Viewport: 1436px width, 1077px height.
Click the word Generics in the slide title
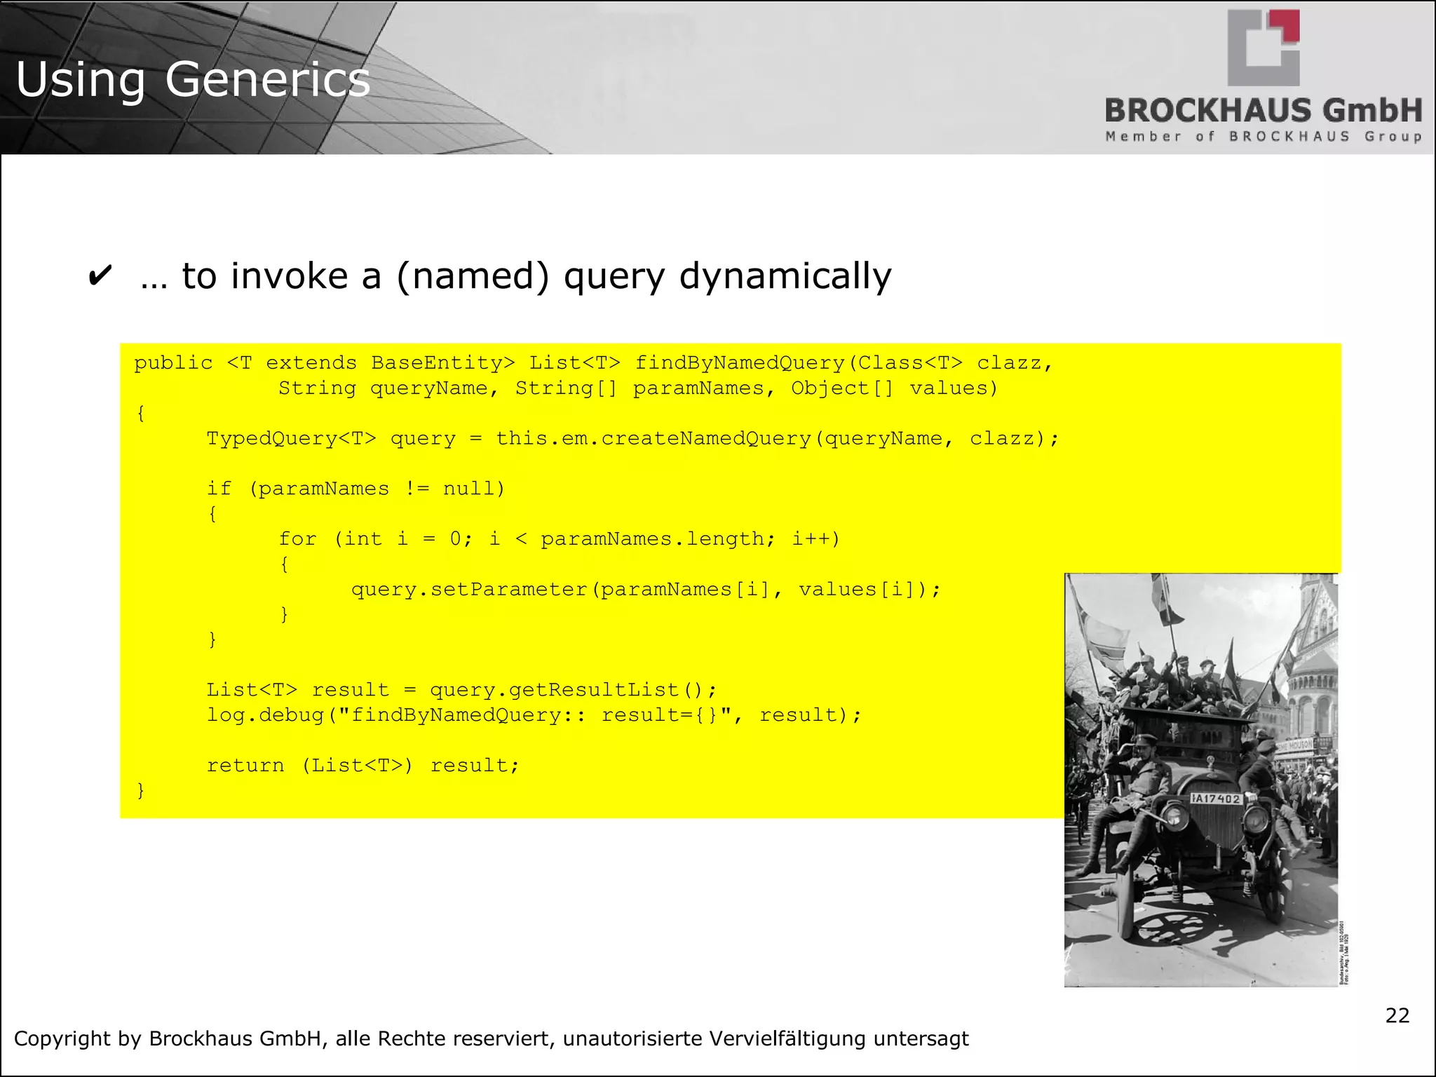point(267,80)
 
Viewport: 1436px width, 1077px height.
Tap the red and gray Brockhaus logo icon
point(1264,48)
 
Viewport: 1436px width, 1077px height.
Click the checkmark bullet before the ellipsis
point(100,276)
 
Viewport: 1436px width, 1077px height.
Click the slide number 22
point(1397,1015)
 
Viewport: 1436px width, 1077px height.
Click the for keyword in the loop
point(297,539)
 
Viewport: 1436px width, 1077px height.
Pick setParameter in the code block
point(508,590)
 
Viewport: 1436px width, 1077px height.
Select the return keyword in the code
point(245,766)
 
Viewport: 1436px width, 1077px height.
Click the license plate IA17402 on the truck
point(1216,799)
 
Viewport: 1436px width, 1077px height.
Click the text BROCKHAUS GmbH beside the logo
point(1264,111)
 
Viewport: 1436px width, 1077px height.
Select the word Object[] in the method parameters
point(842,388)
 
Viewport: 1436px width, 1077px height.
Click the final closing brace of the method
point(141,791)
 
